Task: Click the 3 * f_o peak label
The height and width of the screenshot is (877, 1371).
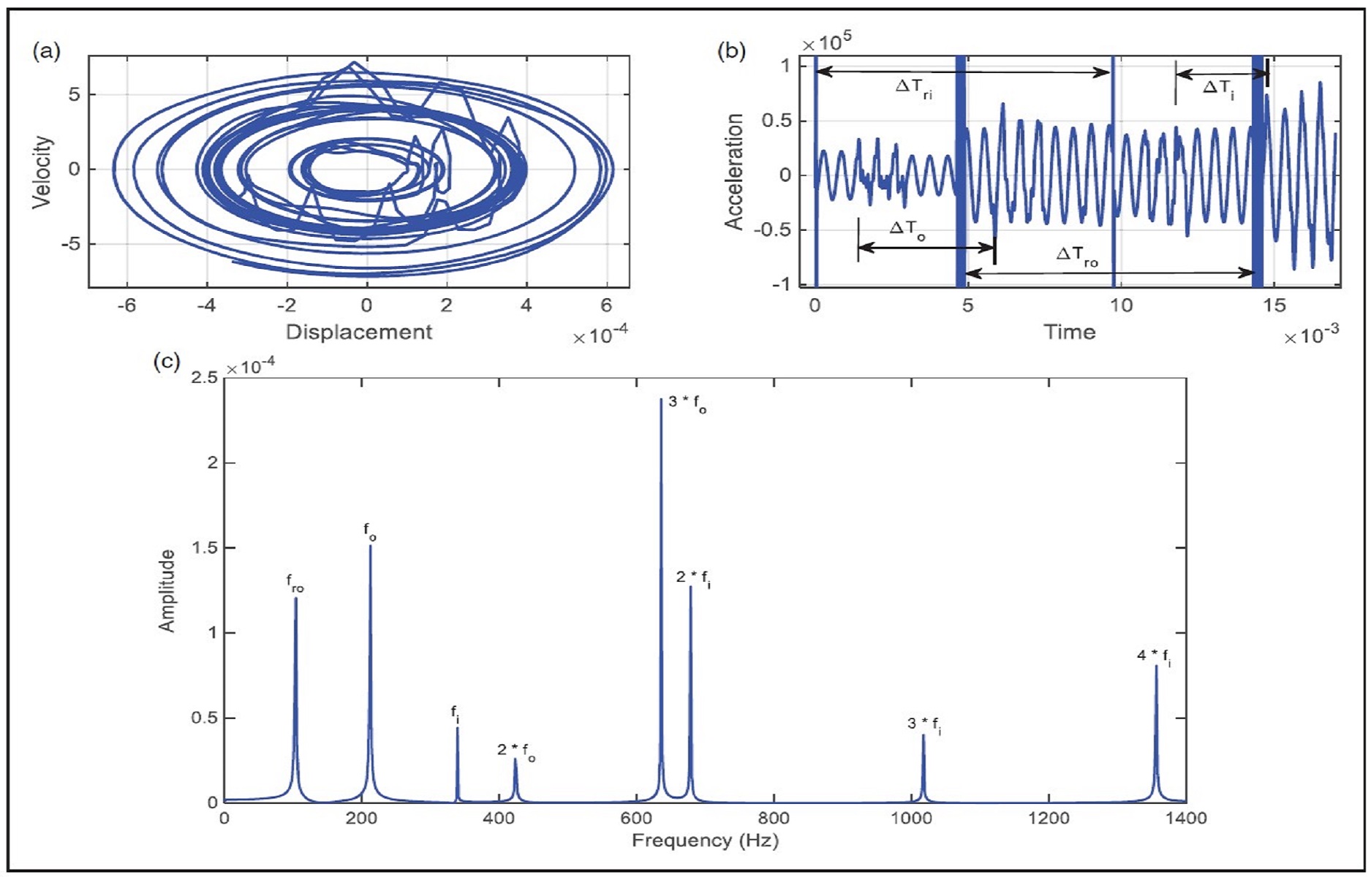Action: click(687, 403)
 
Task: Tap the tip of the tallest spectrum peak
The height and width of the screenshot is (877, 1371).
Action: click(661, 400)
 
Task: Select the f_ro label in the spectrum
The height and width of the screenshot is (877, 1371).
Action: click(295, 583)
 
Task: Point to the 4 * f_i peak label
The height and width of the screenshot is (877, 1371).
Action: click(1153, 657)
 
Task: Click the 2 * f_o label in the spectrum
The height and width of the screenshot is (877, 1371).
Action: click(515, 751)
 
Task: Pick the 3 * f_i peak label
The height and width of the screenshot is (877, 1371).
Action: click(924, 725)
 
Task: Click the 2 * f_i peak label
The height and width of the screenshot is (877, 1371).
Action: click(693, 579)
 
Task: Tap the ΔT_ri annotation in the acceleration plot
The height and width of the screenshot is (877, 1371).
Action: click(913, 88)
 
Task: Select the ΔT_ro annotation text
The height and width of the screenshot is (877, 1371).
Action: click(1076, 256)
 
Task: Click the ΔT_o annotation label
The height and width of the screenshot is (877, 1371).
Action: click(907, 229)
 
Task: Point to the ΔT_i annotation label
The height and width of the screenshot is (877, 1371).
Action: click(1218, 89)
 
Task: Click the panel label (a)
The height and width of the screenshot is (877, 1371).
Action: click(46, 51)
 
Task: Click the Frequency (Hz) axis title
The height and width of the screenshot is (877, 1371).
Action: click(705, 840)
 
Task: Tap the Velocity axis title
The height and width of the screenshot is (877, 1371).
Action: click(42, 172)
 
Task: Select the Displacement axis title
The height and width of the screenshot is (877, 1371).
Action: click(358, 332)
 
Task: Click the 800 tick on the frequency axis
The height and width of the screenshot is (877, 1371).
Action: click(774, 819)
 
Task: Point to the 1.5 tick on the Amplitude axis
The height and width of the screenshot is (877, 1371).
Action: click(204, 548)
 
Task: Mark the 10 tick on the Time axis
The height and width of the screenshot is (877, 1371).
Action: click(1121, 305)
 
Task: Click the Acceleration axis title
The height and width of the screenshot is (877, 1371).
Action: click(733, 172)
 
